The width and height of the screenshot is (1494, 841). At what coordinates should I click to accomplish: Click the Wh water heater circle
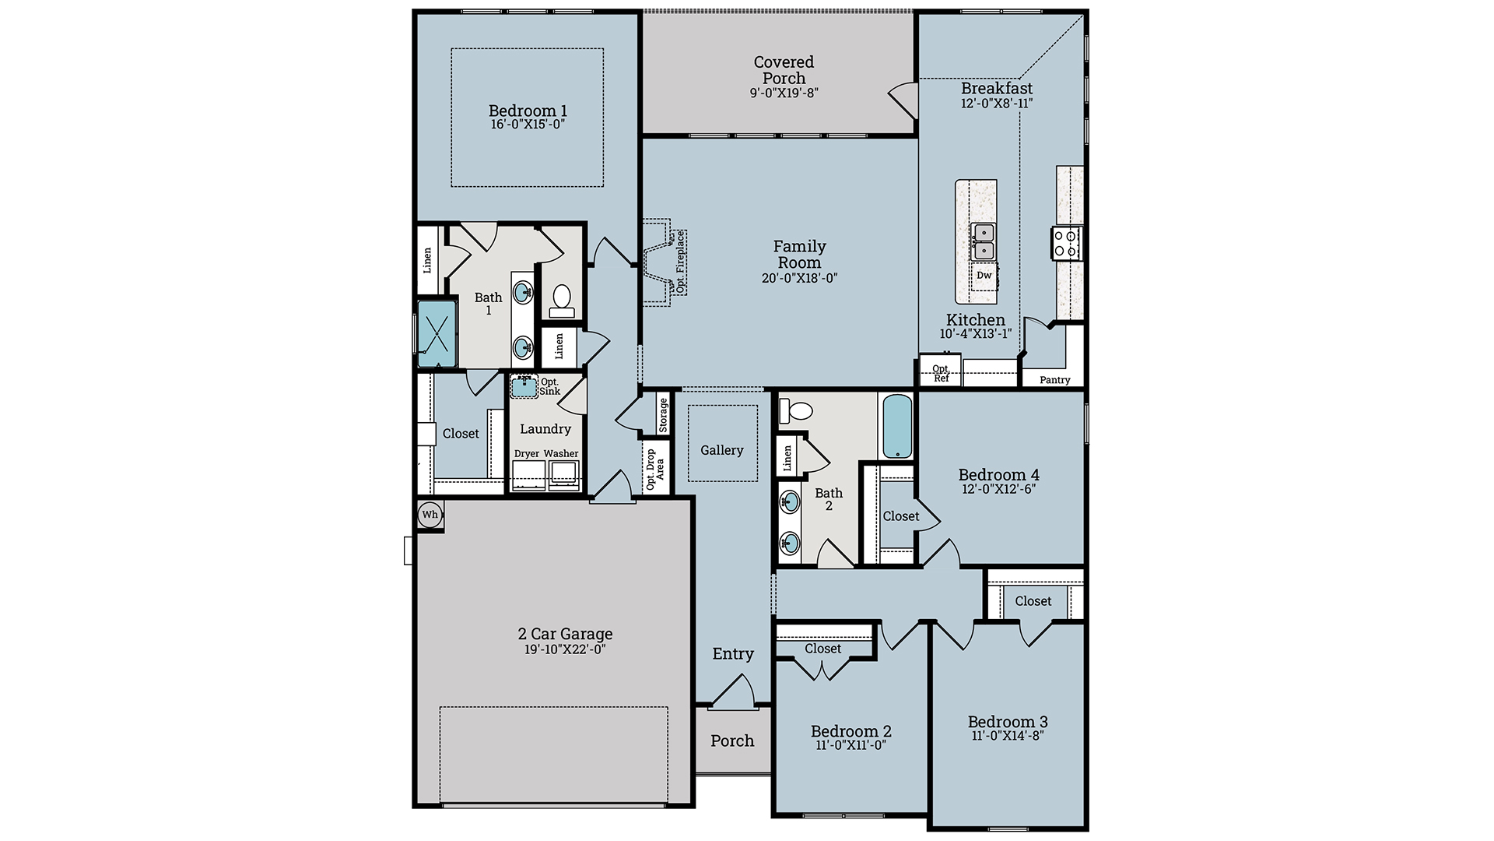[430, 515]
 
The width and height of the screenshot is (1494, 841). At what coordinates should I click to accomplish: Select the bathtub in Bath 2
[897, 426]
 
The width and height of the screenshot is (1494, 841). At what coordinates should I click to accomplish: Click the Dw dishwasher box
[984, 276]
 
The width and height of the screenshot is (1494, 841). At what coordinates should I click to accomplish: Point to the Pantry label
[1054, 380]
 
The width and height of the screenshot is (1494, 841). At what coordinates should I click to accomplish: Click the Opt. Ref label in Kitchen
[941, 373]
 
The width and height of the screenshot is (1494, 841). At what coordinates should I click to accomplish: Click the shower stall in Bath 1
[436, 333]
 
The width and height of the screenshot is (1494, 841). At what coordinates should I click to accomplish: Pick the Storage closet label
[663, 414]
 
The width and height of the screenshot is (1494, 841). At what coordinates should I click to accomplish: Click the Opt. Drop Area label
[655, 469]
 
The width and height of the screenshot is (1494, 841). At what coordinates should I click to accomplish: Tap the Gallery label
[721, 450]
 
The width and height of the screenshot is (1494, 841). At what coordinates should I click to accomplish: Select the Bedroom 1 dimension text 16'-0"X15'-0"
[528, 125]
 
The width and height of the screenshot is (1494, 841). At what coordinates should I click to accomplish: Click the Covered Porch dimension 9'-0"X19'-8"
[784, 93]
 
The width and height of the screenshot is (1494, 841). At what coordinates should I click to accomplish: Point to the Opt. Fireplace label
[680, 262]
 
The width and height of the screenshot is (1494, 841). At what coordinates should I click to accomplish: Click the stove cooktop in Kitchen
[1066, 242]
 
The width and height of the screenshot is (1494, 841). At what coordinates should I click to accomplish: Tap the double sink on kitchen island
[984, 241]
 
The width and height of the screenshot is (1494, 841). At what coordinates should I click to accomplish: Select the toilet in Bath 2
[797, 410]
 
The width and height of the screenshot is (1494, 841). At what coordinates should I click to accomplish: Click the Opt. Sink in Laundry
[525, 385]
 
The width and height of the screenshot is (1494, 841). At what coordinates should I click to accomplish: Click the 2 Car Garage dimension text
[565, 649]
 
